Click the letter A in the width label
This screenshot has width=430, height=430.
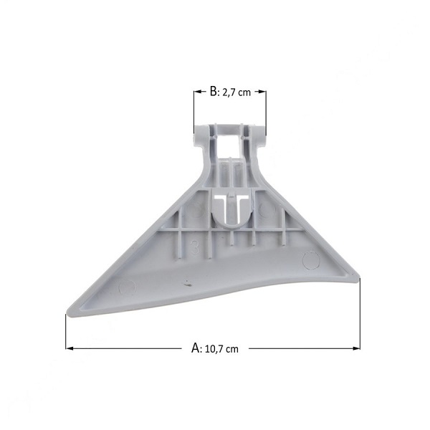[x=196, y=348]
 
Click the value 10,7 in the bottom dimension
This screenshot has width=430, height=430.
[x=215, y=350]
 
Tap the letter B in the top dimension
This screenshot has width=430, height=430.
[x=214, y=91]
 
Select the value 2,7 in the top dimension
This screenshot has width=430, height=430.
[x=229, y=92]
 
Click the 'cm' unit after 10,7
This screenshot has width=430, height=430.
[x=233, y=350]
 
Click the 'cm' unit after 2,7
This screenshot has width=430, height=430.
[x=244, y=92]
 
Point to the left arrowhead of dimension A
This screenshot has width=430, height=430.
[x=70, y=348]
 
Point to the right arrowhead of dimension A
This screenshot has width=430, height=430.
[x=356, y=348]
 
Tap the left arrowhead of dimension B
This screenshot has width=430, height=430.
[x=198, y=92]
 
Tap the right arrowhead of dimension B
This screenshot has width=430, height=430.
[x=262, y=92]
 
